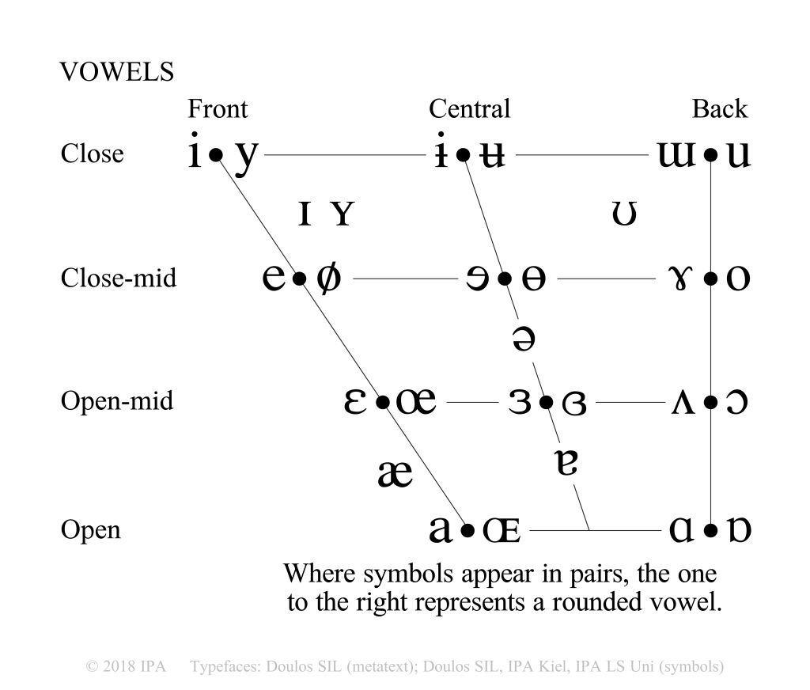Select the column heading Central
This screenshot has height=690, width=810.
click(x=469, y=108)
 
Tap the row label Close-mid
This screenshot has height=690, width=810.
click(x=118, y=279)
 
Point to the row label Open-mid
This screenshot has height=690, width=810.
click(x=117, y=401)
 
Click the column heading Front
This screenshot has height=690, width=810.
click(x=217, y=108)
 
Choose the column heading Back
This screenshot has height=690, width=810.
click(x=719, y=108)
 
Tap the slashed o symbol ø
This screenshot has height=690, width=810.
click(x=328, y=279)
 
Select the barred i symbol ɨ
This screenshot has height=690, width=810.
click(x=441, y=154)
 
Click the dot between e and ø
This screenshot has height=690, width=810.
click(x=298, y=279)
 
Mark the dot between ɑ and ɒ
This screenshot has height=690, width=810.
click(x=711, y=529)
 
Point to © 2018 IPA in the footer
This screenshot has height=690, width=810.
click(x=124, y=665)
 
